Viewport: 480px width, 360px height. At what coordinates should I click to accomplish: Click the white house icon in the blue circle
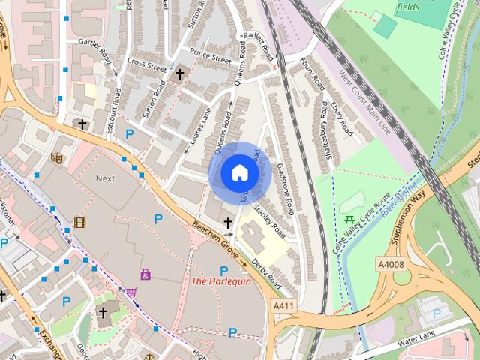[x=239, y=173]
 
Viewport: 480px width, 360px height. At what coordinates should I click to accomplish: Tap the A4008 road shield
[x=391, y=263]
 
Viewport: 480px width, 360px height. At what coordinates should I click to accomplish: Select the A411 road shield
[x=283, y=306]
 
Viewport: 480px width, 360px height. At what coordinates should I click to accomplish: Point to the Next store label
[x=105, y=178]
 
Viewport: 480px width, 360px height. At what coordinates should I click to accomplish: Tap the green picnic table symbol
[x=349, y=220]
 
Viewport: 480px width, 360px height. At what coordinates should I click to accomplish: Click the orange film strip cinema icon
[x=79, y=223]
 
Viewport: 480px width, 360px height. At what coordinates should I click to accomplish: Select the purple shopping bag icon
[x=145, y=274]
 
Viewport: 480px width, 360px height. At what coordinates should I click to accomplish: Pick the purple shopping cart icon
[x=132, y=292]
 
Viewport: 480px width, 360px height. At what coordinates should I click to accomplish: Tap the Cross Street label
[x=146, y=65]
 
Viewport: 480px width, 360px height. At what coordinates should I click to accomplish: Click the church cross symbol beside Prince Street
[x=180, y=73]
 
